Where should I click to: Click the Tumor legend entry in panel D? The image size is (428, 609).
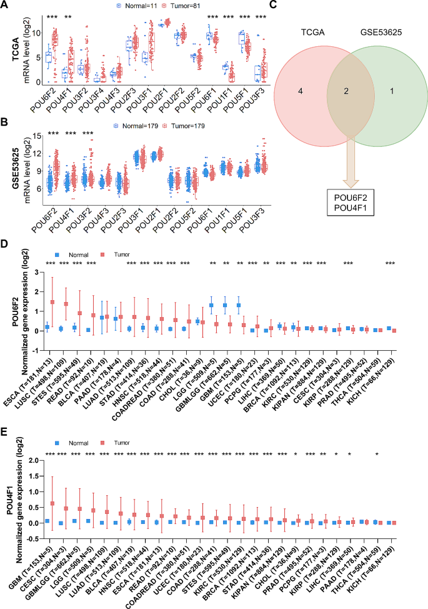click(112, 255)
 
